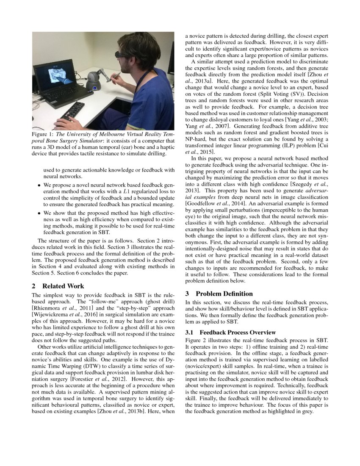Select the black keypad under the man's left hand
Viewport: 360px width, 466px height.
[72, 111]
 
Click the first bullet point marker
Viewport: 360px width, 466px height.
[39, 185]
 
